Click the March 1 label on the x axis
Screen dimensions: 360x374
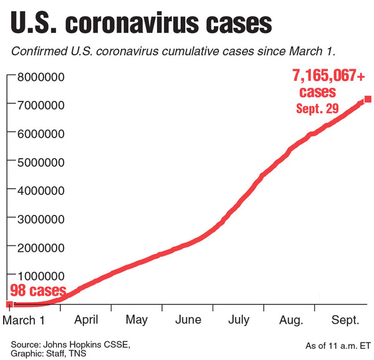(24, 320)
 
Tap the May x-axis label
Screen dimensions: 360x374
(136, 320)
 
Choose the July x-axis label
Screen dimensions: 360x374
(238, 320)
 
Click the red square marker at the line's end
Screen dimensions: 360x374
(368, 99)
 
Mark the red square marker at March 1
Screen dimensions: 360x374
(9, 304)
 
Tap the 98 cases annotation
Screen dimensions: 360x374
(37, 290)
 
